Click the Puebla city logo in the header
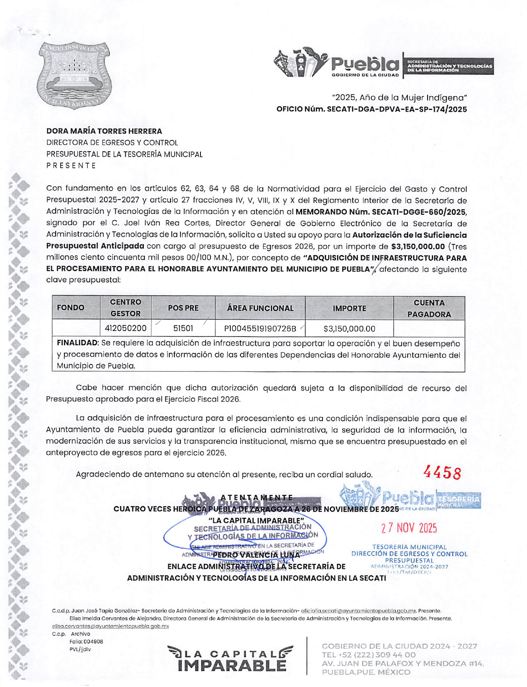[336, 64]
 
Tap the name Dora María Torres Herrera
[104, 131]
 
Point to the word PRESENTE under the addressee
[71, 165]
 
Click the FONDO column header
[71, 308]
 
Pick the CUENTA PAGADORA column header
[429, 308]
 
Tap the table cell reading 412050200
[126, 328]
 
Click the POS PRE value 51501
[183, 328]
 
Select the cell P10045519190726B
[260, 329]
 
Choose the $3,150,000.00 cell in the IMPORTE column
[349, 329]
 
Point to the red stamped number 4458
[442, 473]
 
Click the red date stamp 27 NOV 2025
[409, 528]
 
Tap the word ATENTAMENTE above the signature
[256, 497]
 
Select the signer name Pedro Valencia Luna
[256, 555]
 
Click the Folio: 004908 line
[86, 641]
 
